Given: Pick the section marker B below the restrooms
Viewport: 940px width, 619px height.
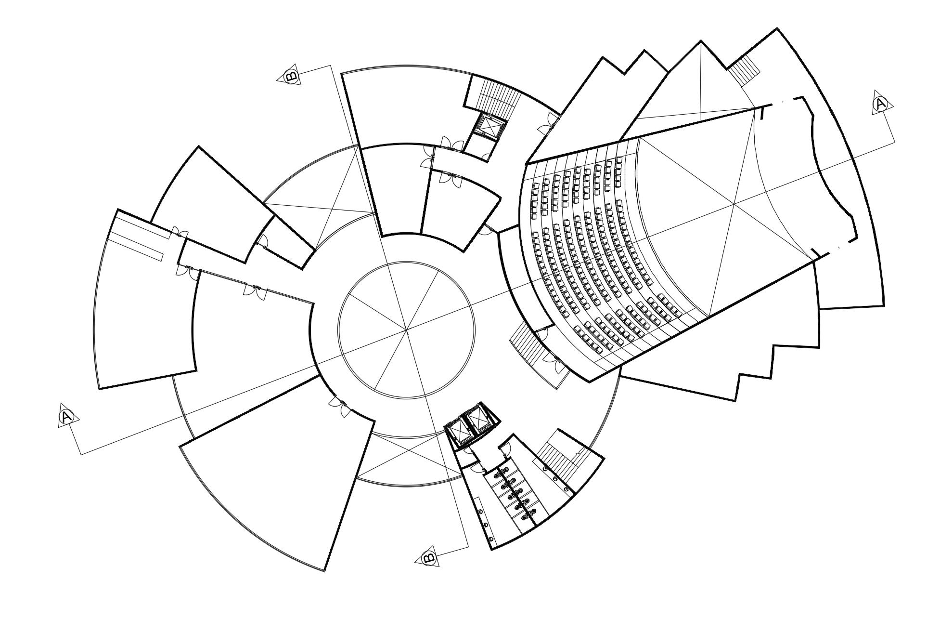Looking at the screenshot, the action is pyautogui.click(x=428, y=558).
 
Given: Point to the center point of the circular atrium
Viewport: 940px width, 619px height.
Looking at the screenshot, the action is pyautogui.click(x=407, y=330).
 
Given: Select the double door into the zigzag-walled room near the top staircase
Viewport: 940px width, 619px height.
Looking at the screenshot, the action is pyautogui.click(x=548, y=126).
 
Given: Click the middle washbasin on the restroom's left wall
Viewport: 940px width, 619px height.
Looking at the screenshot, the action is pyautogui.click(x=485, y=524).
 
